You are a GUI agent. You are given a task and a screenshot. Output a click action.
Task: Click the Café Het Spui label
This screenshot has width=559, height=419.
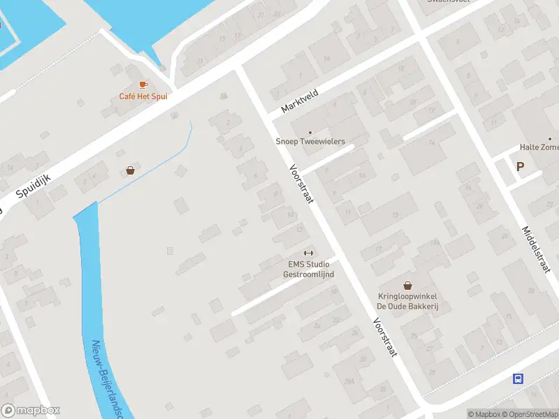point(143,96)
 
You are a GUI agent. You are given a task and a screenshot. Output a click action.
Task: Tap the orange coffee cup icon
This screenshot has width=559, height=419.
point(143,84)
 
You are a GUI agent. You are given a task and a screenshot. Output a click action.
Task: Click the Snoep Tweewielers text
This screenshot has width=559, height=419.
point(310,142)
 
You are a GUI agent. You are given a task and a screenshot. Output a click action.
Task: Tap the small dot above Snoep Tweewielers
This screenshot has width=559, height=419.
point(310,132)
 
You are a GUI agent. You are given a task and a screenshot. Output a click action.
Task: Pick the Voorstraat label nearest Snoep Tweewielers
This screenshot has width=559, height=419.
point(303,184)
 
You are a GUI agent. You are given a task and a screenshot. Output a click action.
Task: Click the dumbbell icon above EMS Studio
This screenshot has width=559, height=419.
point(308,253)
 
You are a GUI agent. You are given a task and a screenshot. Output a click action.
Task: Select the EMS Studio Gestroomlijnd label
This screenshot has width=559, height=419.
point(308,269)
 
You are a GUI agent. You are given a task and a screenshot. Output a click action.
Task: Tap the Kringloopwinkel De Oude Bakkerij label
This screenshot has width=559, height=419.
point(407,302)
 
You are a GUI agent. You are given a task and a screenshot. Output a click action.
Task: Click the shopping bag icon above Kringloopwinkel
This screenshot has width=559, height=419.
point(407,286)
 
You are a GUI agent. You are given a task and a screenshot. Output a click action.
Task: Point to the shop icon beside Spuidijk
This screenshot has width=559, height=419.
point(131,170)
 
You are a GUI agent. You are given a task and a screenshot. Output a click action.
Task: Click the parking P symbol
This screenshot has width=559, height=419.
point(520,167)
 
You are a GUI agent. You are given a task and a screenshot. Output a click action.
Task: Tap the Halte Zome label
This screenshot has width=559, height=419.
point(539,147)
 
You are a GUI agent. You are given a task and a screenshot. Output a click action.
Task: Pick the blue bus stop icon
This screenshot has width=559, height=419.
point(518,378)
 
